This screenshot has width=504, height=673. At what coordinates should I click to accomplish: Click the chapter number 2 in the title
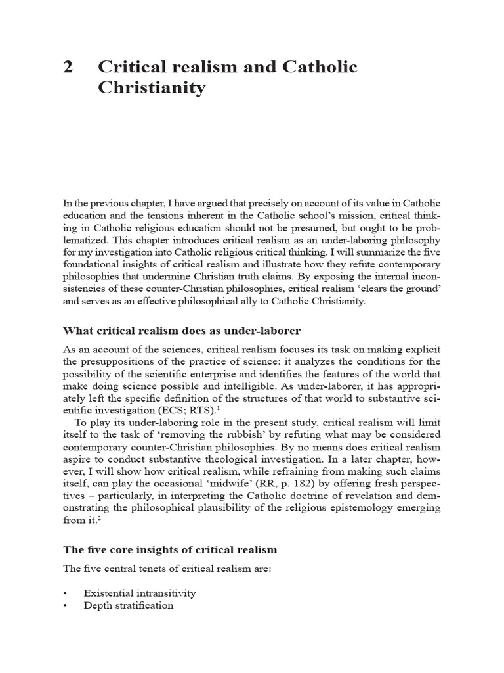(x=68, y=67)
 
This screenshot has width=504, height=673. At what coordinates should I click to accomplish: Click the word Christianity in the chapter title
(x=152, y=88)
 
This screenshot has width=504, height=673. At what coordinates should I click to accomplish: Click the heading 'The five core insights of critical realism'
(x=170, y=549)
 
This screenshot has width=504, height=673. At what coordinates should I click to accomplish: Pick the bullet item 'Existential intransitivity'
(x=140, y=593)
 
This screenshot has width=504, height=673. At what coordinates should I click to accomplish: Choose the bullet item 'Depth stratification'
(x=129, y=605)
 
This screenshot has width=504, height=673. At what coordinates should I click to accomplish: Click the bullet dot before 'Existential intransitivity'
(x=66, y=593)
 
